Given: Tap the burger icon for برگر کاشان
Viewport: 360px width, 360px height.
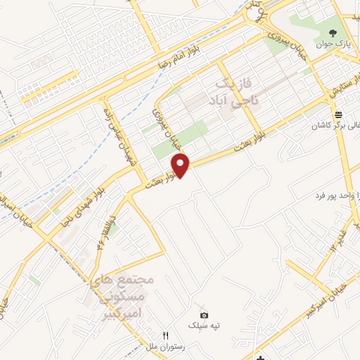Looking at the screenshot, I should (339, 115).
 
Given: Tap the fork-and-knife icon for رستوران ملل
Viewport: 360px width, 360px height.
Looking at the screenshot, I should (166, 336).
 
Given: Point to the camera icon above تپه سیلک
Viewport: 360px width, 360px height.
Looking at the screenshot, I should (204, 314).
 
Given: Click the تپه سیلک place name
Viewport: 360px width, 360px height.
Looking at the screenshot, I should (205, 325).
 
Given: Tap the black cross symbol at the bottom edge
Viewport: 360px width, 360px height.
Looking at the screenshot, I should (259, 355).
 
